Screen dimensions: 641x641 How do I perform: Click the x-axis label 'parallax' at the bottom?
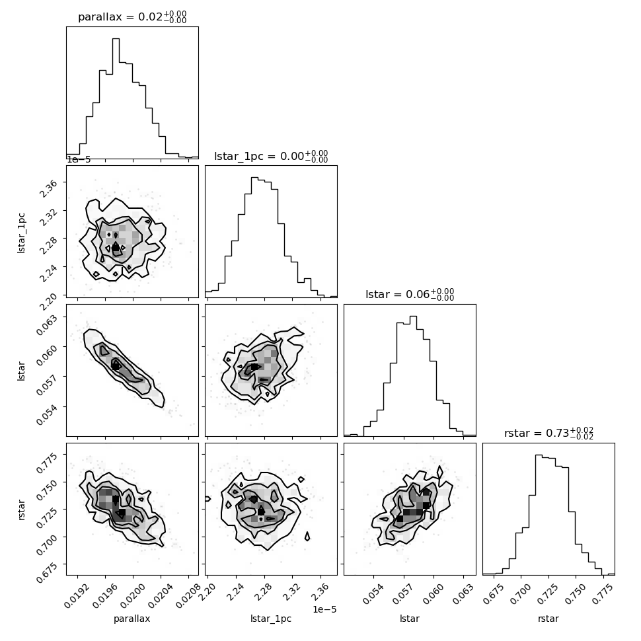[x=132, y=619]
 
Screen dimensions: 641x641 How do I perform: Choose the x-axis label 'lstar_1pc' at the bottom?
[x=271, y=619]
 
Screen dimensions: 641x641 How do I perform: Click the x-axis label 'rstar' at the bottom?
[x=548, y=619]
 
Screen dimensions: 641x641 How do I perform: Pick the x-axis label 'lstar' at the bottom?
[x=409, y=619]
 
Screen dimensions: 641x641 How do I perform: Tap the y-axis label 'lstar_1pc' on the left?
[x=21, y=233]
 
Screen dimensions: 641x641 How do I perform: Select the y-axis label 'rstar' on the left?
[x=21, y=509]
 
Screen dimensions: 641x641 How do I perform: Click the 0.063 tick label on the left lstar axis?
[x=46, y=324]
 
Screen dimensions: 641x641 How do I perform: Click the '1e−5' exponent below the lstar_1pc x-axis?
[x=324, y=609]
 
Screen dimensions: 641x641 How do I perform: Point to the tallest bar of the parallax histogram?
[x=116, y=98]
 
